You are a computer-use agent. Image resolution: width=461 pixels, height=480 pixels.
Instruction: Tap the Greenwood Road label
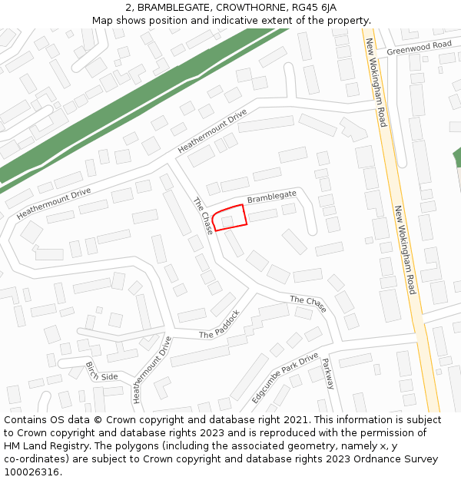coord(419,48)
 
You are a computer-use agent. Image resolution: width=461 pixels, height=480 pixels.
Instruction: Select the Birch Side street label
coord(101,372)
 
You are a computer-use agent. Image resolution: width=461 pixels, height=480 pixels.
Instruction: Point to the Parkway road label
coord(328,373)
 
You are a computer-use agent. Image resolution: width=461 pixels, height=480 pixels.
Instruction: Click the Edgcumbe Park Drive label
coord(285,379)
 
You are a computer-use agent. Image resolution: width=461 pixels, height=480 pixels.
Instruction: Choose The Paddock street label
coord(220,325)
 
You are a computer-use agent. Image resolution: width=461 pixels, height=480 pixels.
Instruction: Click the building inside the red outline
coord(227,221)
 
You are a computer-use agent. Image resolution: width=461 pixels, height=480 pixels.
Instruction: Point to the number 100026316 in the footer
coord(32,472)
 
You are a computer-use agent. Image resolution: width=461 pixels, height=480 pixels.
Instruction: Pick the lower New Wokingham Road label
coord(405,250)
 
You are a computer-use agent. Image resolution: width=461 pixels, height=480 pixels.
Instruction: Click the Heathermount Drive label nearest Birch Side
coord(152,369)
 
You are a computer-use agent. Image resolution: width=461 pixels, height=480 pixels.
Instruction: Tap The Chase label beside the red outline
coord(204,216)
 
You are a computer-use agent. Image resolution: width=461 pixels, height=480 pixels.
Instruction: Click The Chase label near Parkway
coord(308,303)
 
